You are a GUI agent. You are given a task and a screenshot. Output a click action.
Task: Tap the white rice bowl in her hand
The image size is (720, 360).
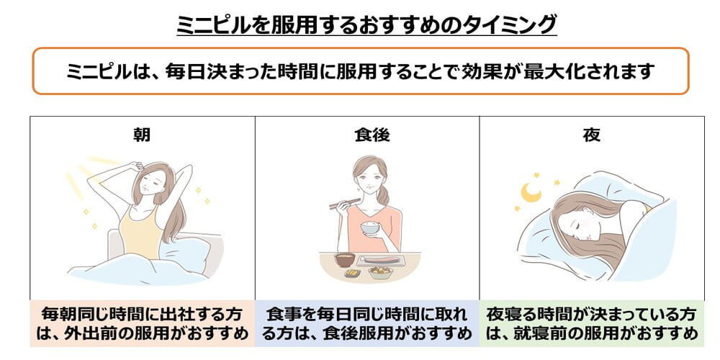pos(369,229)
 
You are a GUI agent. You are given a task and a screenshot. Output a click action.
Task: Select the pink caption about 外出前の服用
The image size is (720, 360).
pos(142,323)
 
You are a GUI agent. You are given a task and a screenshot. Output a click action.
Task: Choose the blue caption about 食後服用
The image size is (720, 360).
pos(367,323)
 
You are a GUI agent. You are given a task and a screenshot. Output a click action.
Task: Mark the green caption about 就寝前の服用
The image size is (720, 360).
pos(592,323)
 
